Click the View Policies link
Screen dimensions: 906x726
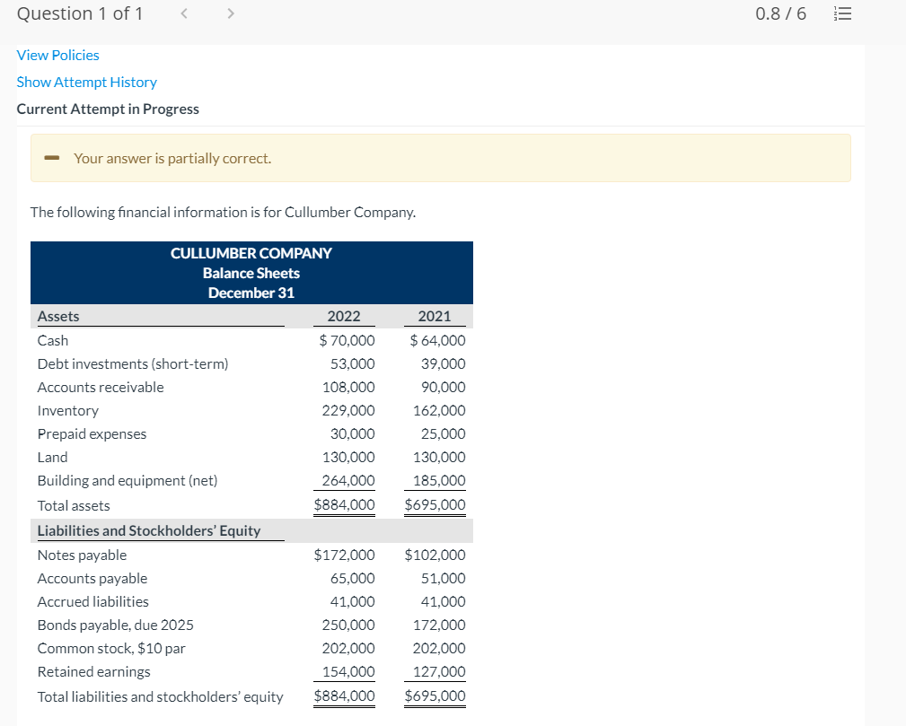(x=57, y=56)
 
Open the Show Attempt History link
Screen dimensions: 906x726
(x=86, y=83)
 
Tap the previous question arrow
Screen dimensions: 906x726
(x=182, y=14)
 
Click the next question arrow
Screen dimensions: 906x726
(x=230, y=14)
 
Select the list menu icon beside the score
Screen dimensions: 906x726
(x=841, y=14)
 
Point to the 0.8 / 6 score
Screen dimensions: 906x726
(x=781, y=14)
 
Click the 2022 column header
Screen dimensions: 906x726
(x=344, y=316)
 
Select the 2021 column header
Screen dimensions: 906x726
(x=435, y=316)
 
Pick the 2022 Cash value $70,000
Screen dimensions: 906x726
(x=347, y=341)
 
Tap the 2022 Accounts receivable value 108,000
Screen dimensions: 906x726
(x=348, y=388)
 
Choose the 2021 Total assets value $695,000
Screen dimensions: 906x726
(x=435, y=505)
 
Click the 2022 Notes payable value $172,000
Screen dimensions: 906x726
(x=345, y=555)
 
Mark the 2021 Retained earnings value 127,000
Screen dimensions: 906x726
(x=439, y=672)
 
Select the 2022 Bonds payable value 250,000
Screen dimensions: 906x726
(x=348, y=625)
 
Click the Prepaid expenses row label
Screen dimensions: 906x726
(x=92, y=434)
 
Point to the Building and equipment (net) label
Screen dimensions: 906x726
(x=128, y=481)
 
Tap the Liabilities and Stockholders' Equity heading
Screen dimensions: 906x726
(x=149, y=531)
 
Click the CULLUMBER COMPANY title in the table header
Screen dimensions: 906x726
(x=251, y=254)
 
